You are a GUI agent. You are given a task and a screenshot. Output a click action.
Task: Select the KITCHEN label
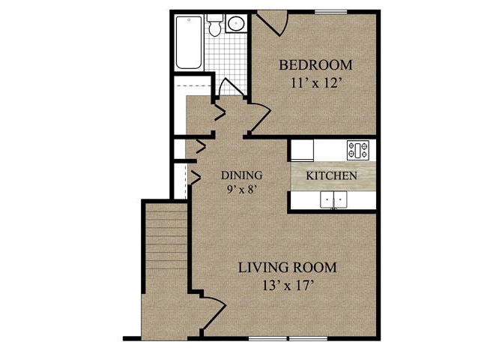pyautogui.click(x=331, y=175)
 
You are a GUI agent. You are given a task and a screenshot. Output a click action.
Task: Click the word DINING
pyautogui.click(x=241, y=175)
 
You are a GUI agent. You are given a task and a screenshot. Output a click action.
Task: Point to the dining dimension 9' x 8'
pyautogui.click(x=241, y=189)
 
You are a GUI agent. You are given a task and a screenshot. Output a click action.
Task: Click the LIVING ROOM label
pyautogui.click(x=287, y=267)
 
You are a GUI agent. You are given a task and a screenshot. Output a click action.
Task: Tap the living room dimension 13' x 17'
pyautogui.click(x=287, y=285)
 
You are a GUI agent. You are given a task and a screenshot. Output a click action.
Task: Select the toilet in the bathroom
pyautogui.click(x=215, y=26)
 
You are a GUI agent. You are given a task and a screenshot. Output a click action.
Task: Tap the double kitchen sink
pyautogui.click(x=333, y=199)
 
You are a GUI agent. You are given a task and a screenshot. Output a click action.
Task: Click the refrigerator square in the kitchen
pyautogui.click(x=301, y=150)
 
